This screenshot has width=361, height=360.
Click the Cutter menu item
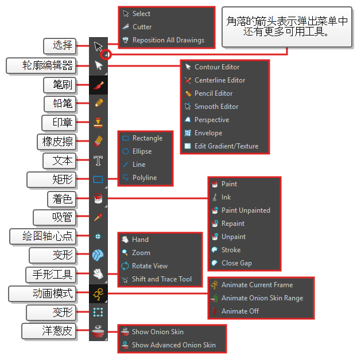[142, 27]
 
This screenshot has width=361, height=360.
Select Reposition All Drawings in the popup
[168, 40]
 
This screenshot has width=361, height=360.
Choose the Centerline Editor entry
[219, 80]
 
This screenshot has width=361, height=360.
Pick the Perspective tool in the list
[211, 120]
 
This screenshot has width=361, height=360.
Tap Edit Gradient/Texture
[226, 146]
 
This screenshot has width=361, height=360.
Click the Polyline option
[144, 178]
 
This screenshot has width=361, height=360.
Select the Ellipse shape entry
[142, 151]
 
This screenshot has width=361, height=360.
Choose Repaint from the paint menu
[232, 224]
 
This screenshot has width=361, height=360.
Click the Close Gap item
[236, 263]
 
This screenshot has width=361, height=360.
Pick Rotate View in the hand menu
[149, 266]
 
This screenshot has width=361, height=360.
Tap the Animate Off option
[240, 311]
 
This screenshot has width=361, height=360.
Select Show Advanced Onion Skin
[173, 345]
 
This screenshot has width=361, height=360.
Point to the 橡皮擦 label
[59, 141]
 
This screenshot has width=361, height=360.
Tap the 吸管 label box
[63, 217]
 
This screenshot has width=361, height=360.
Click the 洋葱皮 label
[49, 331]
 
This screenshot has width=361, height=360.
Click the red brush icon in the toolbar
[98, 85]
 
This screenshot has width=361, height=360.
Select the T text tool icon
[98, 160]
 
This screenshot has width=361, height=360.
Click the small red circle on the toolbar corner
[106, 55]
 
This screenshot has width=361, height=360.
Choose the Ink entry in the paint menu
[226, 197]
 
